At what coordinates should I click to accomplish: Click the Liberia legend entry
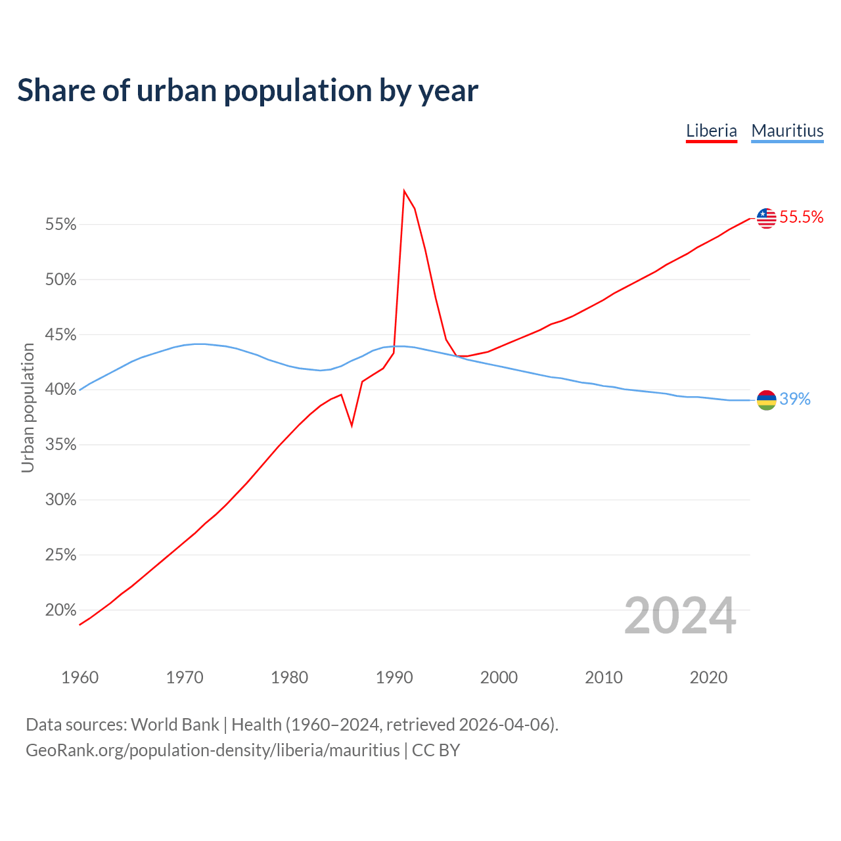click(712, 131)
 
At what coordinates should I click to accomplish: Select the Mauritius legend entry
click(787, 131)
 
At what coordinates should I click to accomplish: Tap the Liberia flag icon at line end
click(766, 217)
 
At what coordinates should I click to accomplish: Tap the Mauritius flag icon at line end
click(766, 399)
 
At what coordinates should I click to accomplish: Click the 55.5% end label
click(802, 217)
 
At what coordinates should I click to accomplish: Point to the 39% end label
click(795, 399)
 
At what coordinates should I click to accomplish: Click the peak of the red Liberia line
click(404, 191)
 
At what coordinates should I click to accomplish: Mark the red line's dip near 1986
click(352, 426)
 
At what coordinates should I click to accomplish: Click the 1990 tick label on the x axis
click(394, 677)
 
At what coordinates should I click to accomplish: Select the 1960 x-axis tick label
click(80, 677)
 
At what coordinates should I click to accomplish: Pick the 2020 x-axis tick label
click(708, 677)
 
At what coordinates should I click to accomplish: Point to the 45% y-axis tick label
click(61, 335)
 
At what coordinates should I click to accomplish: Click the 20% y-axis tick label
click(61, 610)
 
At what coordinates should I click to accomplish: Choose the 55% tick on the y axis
click(61, 225)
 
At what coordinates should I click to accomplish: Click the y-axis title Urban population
click(28, 407)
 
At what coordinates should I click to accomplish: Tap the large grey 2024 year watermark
click(680, 616)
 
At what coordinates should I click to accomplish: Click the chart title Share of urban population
click(248, 91)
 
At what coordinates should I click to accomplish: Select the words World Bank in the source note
click(175, 725)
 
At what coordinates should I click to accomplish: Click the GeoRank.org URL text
click(212, 750)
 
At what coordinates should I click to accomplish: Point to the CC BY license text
click(436, 750)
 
